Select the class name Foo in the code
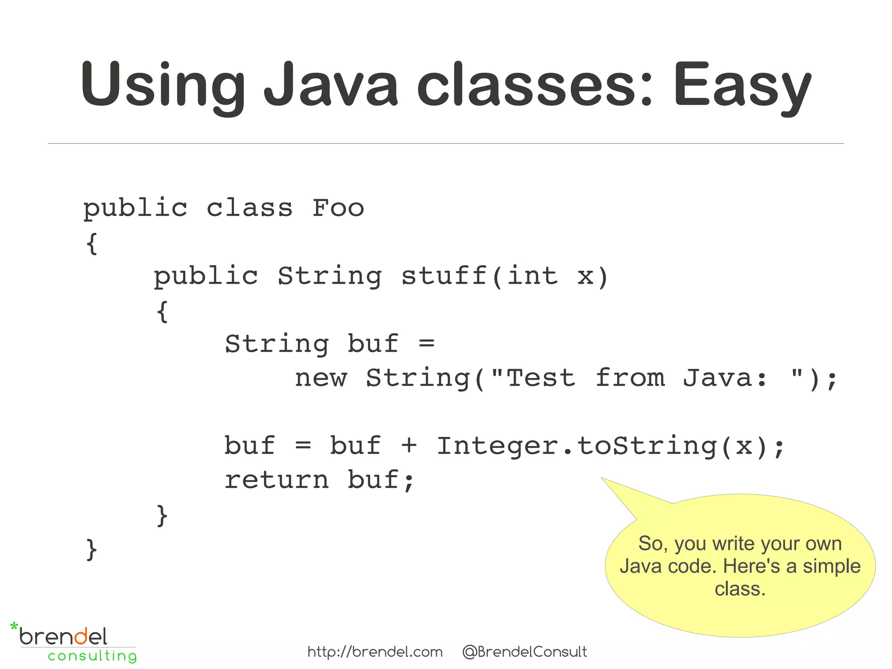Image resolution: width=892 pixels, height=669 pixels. click(x=338, y=208)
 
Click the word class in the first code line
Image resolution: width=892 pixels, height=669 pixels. click(x=249, y=208)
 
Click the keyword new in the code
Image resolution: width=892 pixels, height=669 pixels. click(x=321, y=378)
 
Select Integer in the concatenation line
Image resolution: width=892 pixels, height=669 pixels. click(x=497, y=446)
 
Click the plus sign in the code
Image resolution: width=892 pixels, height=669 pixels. click(x=409, y=446)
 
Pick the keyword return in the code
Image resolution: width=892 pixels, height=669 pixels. click(x=276, y=480)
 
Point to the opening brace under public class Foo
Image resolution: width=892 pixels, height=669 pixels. click(x=91, y=243)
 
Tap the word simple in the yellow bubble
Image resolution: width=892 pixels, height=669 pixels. click(x=831, y=566)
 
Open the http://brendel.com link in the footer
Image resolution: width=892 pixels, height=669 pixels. click(x=375, y=652)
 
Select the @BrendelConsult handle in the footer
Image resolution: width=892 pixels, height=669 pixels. click(x=524, y=652)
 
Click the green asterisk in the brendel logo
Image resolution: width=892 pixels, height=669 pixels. click(x=14, y=627)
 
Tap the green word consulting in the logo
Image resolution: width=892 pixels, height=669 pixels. click(x=92, y=656)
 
